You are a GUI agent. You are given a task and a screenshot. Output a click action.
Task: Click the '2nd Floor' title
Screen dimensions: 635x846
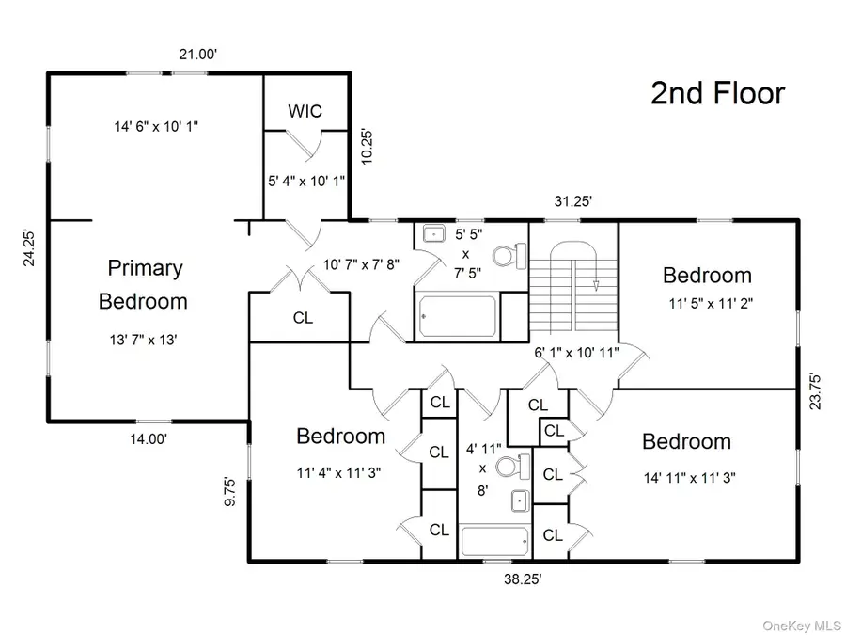pyautogui.click(x=717, y=93)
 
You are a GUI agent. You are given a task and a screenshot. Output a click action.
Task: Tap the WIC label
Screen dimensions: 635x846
pyautogui.click(x=305, y=111)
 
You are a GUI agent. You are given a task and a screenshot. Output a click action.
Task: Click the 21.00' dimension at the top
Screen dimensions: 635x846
pyautogui.click(x=198, y=56)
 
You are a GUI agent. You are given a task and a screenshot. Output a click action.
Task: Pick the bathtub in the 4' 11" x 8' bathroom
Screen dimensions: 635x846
pyautogui.click(x=494, y=542)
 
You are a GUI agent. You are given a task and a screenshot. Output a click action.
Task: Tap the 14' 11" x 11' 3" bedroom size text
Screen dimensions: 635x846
pyautogui.click(x=687, y=477)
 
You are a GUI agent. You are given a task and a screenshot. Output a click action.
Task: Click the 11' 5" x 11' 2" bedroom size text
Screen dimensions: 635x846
pyautogui.click(x=707, y=304)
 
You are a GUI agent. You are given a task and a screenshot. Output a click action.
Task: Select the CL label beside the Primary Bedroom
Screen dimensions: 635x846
pyautogui.click(x=303, y=318)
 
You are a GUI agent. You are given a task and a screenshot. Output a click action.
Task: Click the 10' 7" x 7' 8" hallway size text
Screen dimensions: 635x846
pyautogui.click(x=362, y=264)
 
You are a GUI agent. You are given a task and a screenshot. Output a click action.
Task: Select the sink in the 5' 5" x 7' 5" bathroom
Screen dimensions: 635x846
pyautogui.click(x=435, y=234)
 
